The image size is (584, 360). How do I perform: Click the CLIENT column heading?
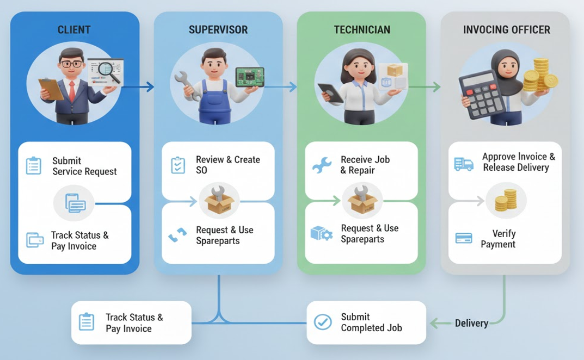[x=74, y=29]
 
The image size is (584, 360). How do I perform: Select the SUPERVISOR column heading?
[x=218, y=29]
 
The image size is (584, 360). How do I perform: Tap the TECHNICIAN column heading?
[x=362, y=29]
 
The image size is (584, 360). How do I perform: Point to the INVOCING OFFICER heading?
[x=506, y=29]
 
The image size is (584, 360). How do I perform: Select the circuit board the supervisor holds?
[x=249, y=77]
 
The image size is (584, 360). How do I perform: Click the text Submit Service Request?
[x=84, y=166]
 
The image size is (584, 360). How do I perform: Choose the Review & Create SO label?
[x=228, y=165]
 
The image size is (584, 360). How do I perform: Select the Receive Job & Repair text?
[x=365, y=165]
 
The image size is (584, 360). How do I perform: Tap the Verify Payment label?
[x=498, y=239]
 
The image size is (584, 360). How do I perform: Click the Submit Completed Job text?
[x=371, y=322]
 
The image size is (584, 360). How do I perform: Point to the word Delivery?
[x=471, y=323]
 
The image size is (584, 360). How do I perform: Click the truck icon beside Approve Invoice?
[x=463, y=164]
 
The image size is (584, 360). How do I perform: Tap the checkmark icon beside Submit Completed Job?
[x=323, y=322]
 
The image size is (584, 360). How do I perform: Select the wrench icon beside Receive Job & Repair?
[x=322, y=165]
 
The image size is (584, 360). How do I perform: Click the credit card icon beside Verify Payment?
[x=463, y=238]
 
